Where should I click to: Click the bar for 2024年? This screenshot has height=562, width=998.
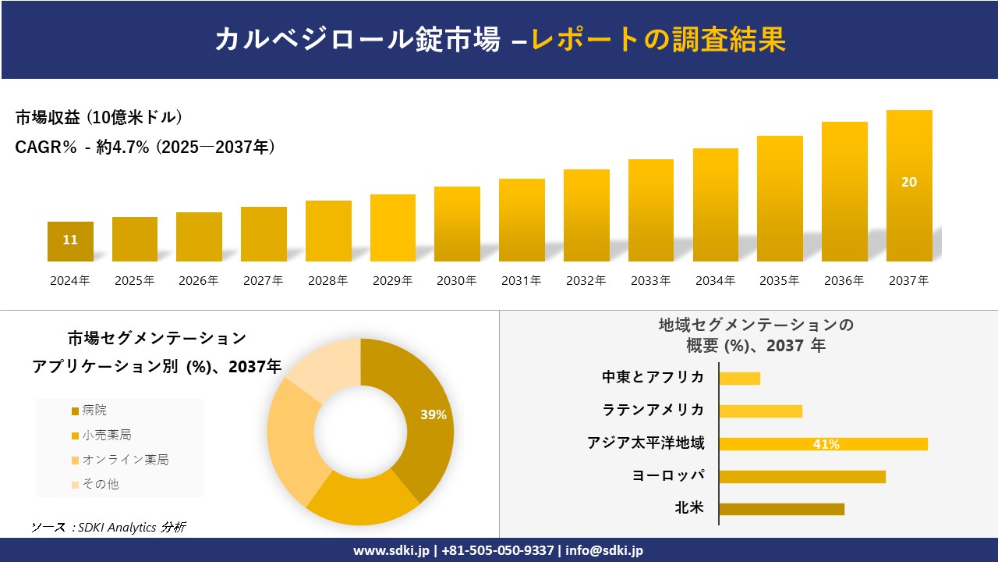70,242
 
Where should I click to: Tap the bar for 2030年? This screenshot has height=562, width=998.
457,224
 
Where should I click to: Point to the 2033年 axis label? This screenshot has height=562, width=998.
650,281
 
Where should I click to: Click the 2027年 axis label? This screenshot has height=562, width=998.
263,281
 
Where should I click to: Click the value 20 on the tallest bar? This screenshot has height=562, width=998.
909,182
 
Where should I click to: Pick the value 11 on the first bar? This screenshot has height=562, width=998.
70,240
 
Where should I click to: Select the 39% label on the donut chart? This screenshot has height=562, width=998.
433,415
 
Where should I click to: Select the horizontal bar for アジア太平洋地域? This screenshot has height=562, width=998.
823,444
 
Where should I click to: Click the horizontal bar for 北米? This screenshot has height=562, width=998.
781,509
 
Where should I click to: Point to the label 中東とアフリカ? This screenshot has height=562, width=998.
653,377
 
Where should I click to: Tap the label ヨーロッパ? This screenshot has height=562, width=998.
668,475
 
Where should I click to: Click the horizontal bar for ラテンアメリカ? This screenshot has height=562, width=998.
760,411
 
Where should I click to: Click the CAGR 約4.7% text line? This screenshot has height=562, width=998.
145,148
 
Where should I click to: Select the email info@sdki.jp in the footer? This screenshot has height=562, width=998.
604,550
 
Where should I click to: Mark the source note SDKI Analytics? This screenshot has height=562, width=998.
108,528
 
